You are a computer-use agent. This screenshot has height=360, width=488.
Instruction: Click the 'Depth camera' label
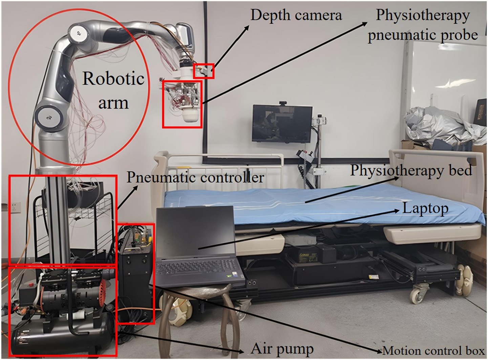296,15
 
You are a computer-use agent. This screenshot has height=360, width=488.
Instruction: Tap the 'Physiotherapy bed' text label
411,170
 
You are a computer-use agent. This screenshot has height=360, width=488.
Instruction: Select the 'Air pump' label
282,348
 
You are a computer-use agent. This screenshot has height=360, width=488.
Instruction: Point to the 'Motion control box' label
434,351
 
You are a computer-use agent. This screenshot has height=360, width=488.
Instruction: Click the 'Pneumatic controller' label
195,177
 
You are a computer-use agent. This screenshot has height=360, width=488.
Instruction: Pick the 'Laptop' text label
425,208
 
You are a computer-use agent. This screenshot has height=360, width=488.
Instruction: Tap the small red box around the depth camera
204,71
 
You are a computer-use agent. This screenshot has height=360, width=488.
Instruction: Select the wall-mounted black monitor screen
282,123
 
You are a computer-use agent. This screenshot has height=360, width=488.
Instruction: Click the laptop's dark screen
195,233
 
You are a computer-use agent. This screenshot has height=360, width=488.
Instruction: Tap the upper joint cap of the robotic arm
78,33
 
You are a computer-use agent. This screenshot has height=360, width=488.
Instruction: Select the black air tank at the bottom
61,338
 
